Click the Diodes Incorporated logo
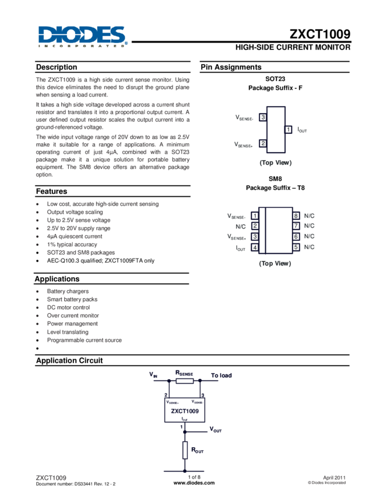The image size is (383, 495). pos(82,36)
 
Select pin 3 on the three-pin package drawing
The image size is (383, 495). pos(263,118)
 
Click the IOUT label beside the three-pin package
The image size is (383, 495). pos(301,129)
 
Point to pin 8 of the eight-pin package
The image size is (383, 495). pos(296,215)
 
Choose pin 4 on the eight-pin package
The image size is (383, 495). pos(255,248)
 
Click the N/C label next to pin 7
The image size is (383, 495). pos(310,226)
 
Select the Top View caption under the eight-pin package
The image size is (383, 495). pos(275,263)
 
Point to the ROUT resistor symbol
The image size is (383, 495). pos(185,450)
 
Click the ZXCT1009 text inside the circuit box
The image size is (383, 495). pos(185,411)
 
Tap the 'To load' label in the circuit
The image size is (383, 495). pos(221,375)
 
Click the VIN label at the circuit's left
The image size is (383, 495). pos(153,374)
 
